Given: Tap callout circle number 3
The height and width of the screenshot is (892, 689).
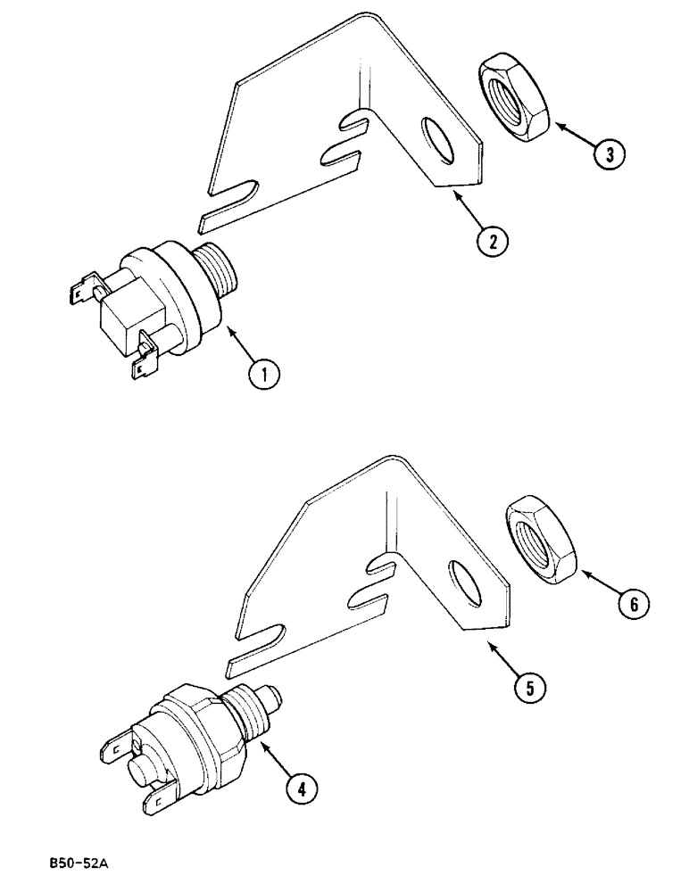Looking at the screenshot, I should click(609, 154).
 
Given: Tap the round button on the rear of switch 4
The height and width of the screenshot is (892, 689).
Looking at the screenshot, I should click(143, 770).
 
